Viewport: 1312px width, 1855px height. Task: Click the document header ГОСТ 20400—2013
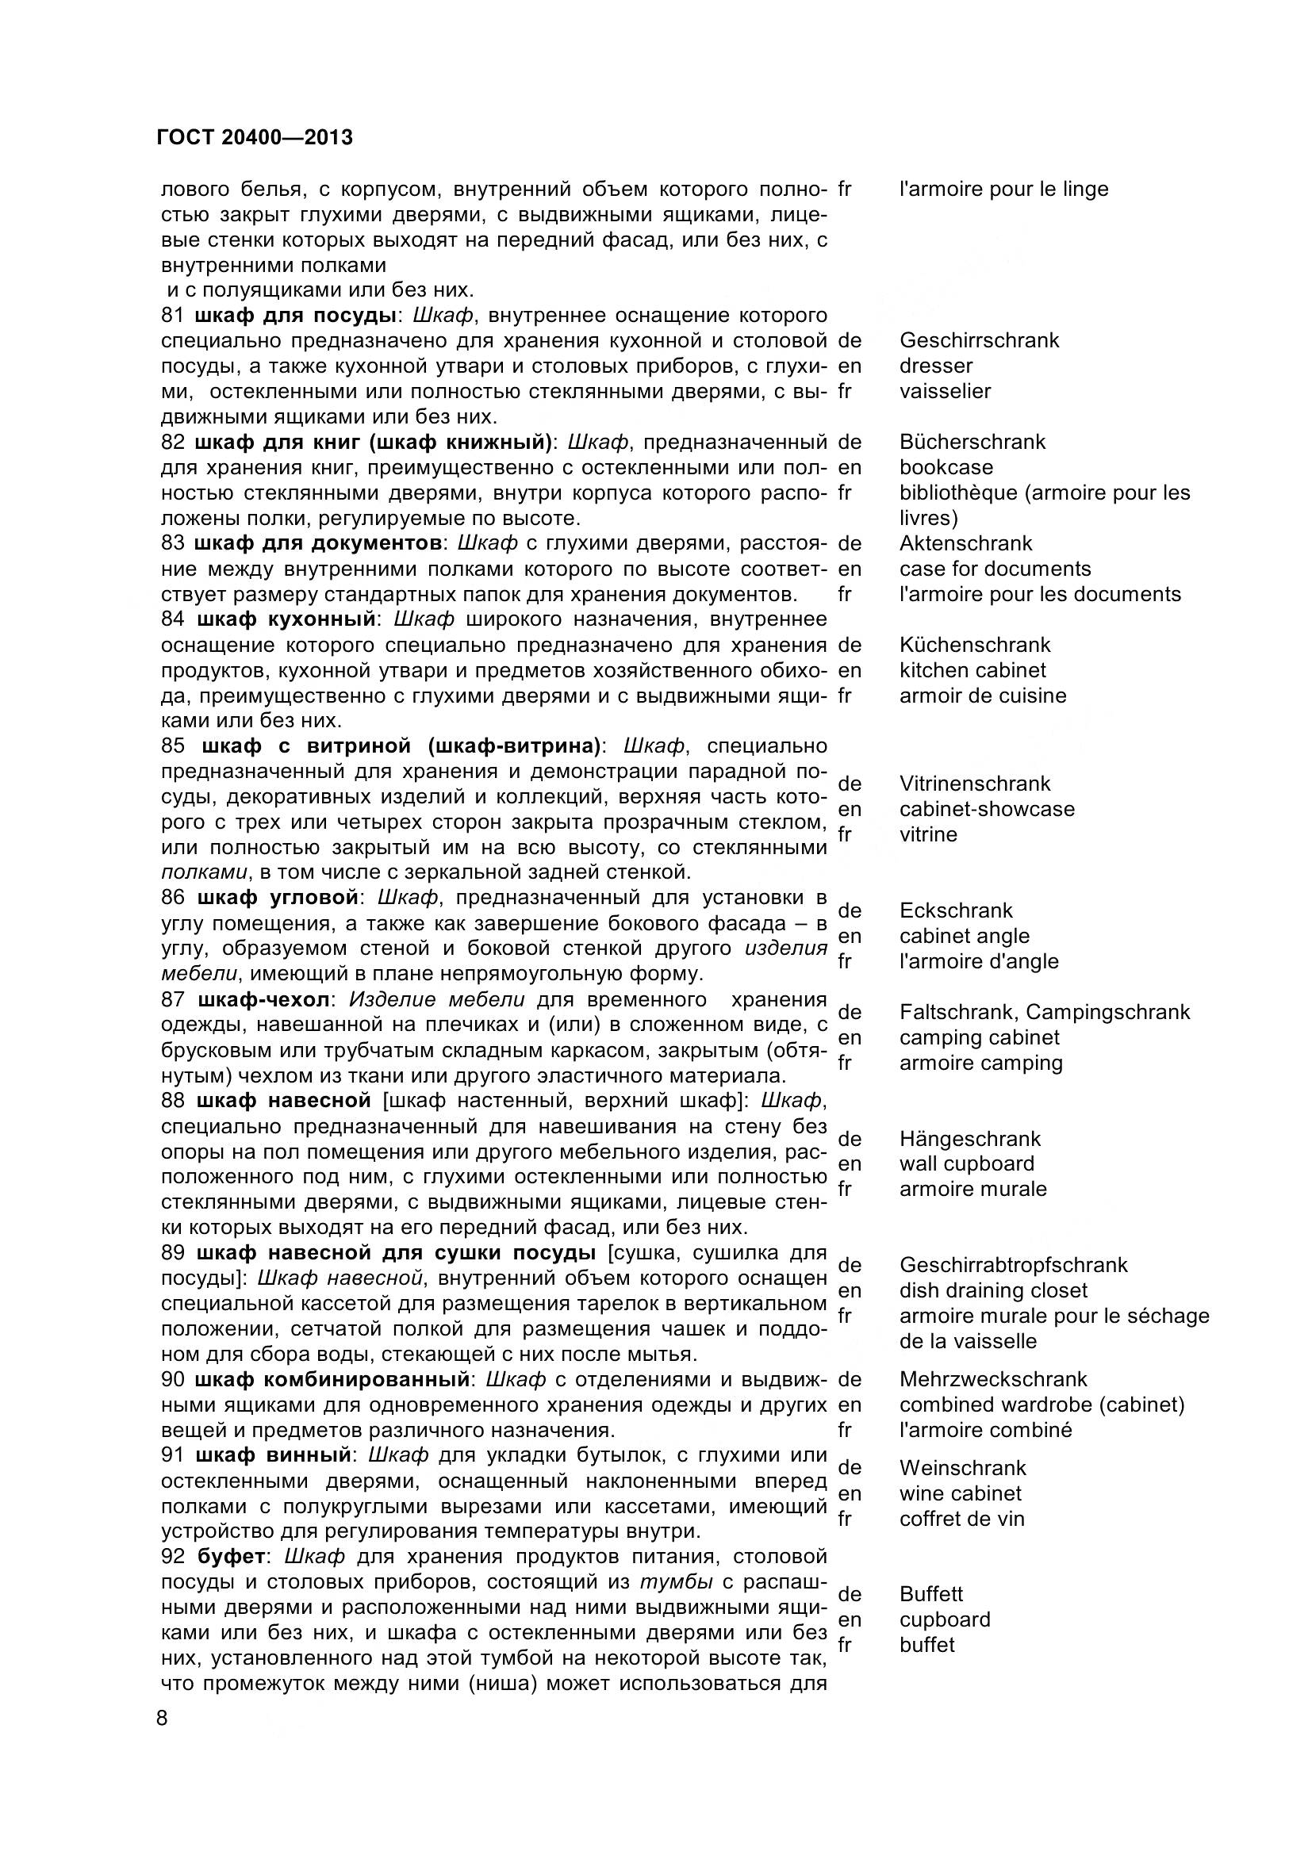[x=255, y=137]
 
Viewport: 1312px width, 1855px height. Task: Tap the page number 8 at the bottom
[x=162, y=1718]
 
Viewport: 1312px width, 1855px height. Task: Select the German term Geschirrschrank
[x=978, y=340]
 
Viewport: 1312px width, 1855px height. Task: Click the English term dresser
[x=935, y=365]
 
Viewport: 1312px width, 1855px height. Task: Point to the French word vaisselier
[x=945, y=391]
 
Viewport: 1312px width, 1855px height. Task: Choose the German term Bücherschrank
[x=972, y=442]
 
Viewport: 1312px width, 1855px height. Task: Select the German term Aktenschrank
[x=965, y=543]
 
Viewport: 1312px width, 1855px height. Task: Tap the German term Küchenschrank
[x=974, y=645]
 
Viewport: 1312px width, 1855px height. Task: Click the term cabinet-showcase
[x=987, y=809]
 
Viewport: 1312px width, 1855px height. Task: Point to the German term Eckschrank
[x=956, y=910]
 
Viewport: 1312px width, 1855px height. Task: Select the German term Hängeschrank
[x=969, y=1138]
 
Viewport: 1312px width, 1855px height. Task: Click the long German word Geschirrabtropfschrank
[x=1013, y=1265]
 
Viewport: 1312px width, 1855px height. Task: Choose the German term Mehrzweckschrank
[x=993, y=1379]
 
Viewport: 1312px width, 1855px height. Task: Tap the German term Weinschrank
[x=962, y=1468]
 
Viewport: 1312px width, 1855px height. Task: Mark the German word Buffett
[x=930, y=1594]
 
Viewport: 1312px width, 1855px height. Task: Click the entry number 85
[x=173, y=745]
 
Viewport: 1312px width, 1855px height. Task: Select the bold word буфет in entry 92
[x=229, y=1557]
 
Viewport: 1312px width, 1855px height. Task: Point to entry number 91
[x=172, y=1455]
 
